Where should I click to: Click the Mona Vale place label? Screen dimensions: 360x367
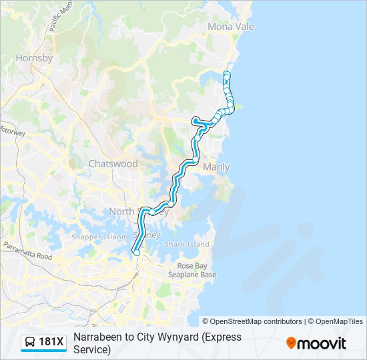pyautogui.click(x=231, y=27)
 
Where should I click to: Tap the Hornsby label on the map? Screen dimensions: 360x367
pyautogui.click(x=33, y=58)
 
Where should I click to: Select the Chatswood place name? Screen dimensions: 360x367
pyautogui.click(x=113, y=163)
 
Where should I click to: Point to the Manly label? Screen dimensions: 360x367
pyautogui.click(x=216, y=167)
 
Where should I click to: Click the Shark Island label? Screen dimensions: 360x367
pyautogui.click(x=187, y=245)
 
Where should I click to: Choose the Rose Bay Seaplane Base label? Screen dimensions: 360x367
pyautogui.click(x=192, y=270)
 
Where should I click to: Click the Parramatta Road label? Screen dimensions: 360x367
pyautogui.click(x=26, y=255)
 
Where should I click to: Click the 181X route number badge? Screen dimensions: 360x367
pyautogui.click(x=51, y=343)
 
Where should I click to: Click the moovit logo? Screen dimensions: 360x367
pyautogui.click(x=316, y=343)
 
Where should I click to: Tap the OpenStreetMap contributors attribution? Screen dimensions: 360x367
pyautogui.click(x=252, y=321)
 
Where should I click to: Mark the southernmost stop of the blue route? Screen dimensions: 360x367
pyautogui.click(x=137, y=252)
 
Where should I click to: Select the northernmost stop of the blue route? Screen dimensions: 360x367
pyautogui.click(x=227, y=73)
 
